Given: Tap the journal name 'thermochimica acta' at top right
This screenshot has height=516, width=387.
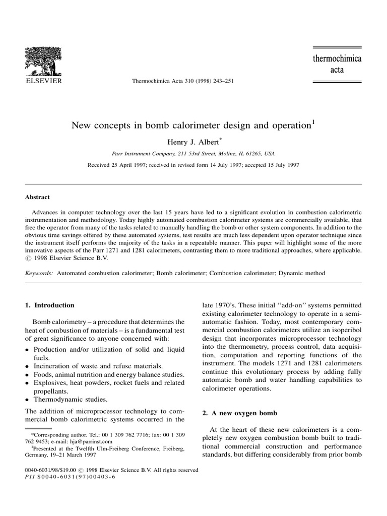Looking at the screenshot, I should (x=337, y=64).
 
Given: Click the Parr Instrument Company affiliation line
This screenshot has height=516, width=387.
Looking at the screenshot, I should (x=193, y=153).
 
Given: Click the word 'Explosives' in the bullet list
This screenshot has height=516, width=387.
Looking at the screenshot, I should (x=49, y=383).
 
